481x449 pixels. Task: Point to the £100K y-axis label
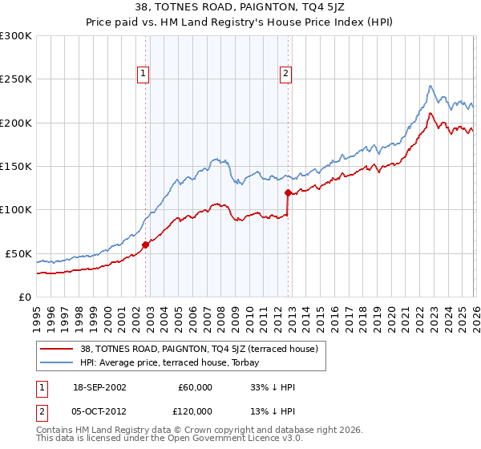[x=16, y=209]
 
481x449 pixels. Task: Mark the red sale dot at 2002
[x=145, y=245]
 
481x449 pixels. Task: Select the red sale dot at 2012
[x=287, y=192]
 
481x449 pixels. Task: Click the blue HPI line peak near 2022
[x=430, y=86]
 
